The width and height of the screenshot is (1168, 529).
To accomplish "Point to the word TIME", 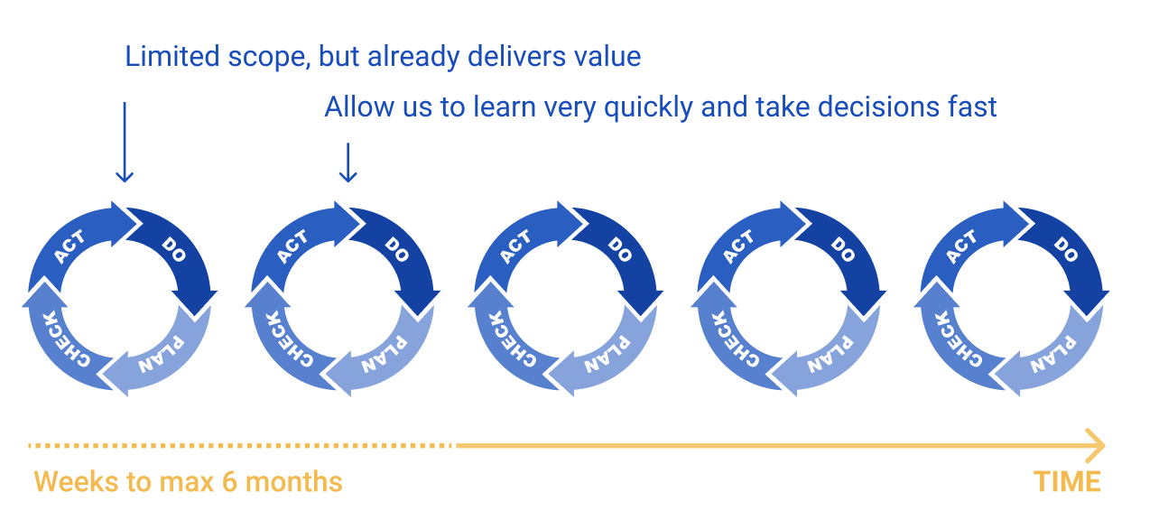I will [1067, 481].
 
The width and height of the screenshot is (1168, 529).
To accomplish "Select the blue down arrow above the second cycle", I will [348, 162].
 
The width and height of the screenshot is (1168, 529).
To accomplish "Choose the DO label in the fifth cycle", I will [1065, 249].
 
